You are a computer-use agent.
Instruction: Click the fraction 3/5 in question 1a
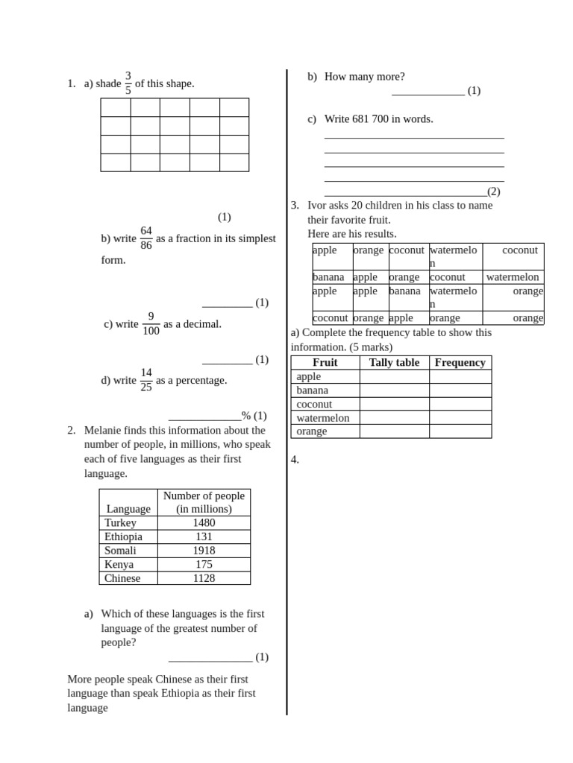(128, 83)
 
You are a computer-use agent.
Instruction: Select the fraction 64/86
(146, 238)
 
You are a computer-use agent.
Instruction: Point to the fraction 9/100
(151, 323)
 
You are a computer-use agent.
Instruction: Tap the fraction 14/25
(146, 380)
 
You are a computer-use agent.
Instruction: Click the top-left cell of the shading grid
(116, 107)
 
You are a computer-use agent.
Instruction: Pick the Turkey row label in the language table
(121, 522)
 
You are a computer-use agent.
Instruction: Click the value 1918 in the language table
(204, 550)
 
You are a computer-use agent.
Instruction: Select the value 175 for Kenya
(204, 564)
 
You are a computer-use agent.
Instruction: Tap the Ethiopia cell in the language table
(123, 536)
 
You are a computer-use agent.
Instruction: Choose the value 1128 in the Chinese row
(204, 578)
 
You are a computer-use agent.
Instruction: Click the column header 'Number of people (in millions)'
(204, 502)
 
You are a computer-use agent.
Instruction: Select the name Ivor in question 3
(319, 205)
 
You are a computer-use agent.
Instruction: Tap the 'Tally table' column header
(394, 362)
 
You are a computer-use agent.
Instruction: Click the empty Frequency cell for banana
(460, 390)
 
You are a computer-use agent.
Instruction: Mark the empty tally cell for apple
(394, 376)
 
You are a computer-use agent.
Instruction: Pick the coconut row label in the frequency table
(314, 404)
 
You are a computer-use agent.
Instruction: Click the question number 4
(295, 459)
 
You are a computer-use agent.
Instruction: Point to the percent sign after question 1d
(245, 416)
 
